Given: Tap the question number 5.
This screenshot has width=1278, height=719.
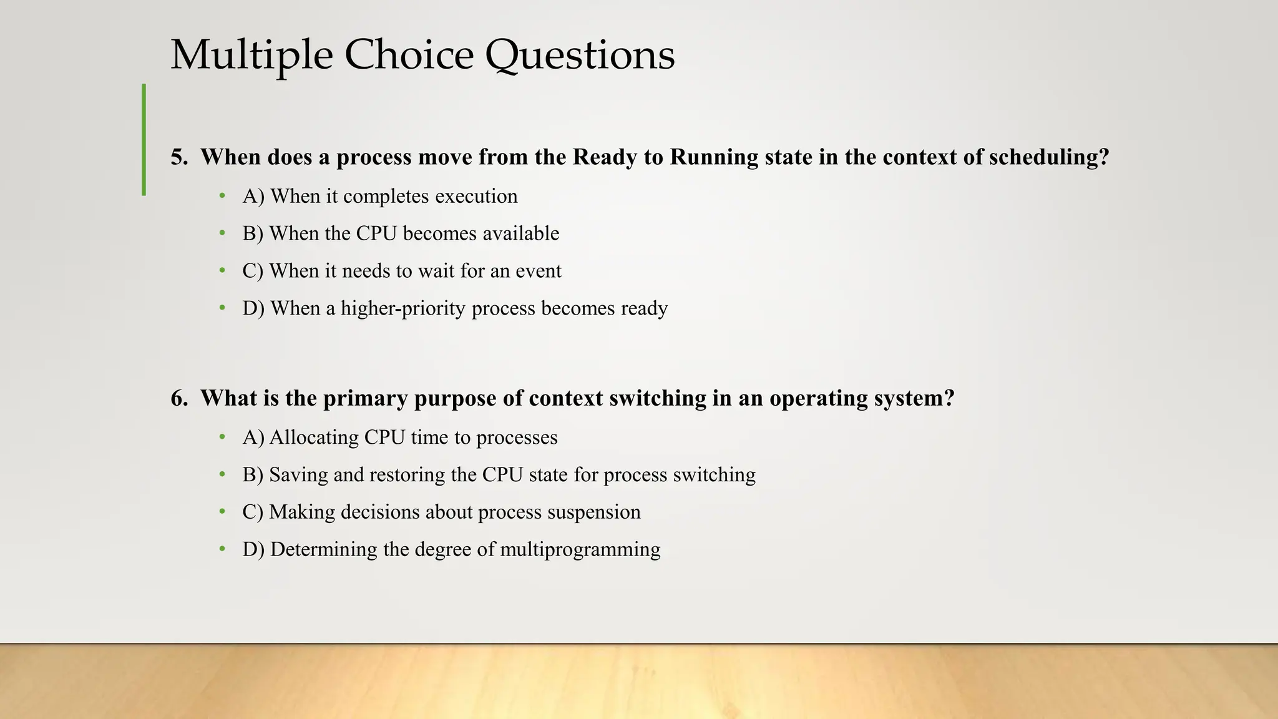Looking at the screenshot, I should point(179,157).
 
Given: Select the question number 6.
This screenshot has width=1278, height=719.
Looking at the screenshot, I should point(179,398).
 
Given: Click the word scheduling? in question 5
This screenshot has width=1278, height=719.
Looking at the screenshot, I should point(1049,157).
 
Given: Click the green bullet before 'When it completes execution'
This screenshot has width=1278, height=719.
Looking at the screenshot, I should point(222,196).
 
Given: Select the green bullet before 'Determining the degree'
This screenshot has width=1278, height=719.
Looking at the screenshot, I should point(222,549).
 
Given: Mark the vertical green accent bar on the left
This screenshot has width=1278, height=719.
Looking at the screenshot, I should point(144,140).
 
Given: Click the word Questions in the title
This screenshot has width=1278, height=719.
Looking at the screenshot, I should point(580,55).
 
